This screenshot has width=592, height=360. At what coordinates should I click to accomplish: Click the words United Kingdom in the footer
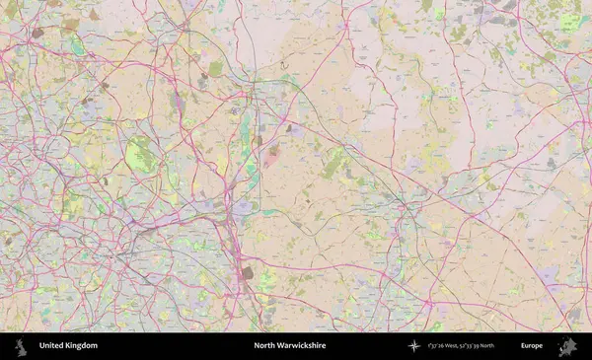tap(68, 346)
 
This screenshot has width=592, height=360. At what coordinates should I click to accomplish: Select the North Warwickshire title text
tap(289, 346)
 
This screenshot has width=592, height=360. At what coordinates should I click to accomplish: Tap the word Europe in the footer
tap(532, 346)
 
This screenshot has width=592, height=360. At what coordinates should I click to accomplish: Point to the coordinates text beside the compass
tap(468, 346)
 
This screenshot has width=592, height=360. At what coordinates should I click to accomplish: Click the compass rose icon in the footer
tap(414, 346)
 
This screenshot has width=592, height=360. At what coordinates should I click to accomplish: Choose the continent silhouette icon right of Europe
tap(567, 346)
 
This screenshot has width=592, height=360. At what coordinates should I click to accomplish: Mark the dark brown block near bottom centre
tap(247, 271)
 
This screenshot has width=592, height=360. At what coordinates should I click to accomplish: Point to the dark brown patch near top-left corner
tap(37, 33)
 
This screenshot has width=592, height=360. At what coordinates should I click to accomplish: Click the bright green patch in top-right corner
tap(569, 22)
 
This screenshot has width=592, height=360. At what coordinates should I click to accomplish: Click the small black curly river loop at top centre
tap(284, 65)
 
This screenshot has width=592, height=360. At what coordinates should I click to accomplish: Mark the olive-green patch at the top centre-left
tap(215, 68)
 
